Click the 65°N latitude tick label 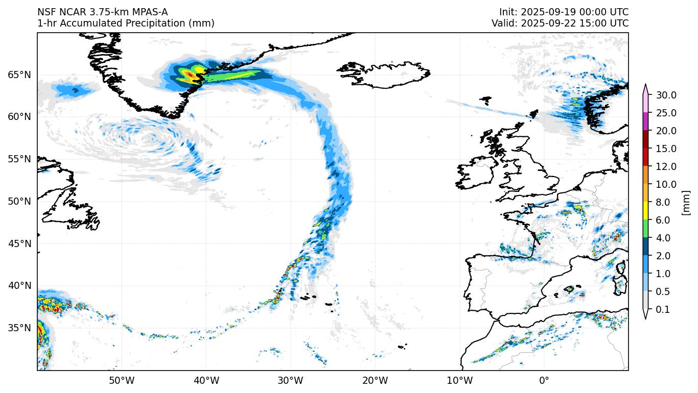(19, 75)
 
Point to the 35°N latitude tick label (19, 328)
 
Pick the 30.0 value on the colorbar (666, 95)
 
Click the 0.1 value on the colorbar (663, 309)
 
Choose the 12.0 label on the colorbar (666, 166)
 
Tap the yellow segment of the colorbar (645, 211)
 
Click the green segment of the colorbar (645, 229)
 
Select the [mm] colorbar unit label (686, 202)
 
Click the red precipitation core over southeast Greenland (190, 75)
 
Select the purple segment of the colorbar (645, 121)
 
